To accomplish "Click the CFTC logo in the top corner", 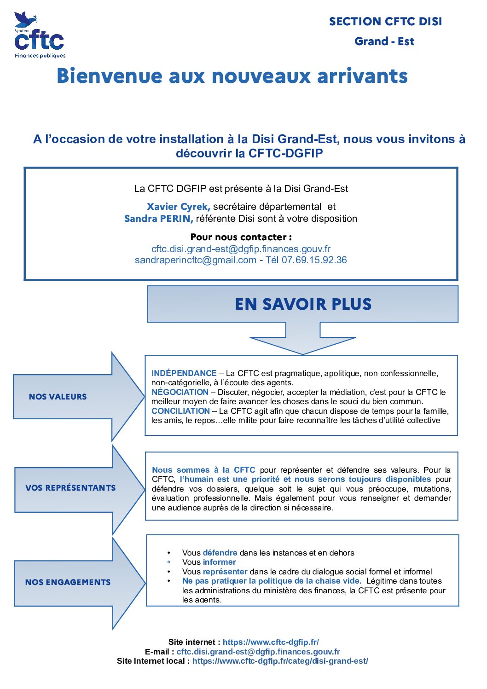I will tap(40, 36).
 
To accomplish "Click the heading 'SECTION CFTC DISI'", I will tap(385, 22).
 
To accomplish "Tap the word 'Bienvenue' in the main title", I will tap(110, 76).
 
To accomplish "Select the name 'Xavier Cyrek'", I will tap(179, 207).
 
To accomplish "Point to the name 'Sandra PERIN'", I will tap(158, 219).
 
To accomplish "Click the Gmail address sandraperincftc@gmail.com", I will tap(196, 260).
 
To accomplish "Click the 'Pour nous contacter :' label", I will tap(241, 237).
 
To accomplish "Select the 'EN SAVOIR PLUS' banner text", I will tap(303, 304).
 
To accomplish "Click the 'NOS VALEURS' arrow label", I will tap(58, 397).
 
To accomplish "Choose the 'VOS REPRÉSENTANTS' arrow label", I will tap(70, 488).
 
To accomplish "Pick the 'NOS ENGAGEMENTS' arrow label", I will tap(68, 582).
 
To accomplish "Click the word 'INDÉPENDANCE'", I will tap(184, 373).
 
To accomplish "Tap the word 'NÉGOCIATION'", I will tap(180, 392).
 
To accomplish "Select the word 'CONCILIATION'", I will tap(180, 411).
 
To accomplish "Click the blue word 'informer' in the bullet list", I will tap(219, 562).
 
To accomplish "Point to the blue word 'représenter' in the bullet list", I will tap(225, 572).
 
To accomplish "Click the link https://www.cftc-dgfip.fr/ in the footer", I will tap(271, 642).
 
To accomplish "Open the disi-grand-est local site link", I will tap(280, 661).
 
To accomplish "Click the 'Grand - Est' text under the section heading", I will tap(384, 41).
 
